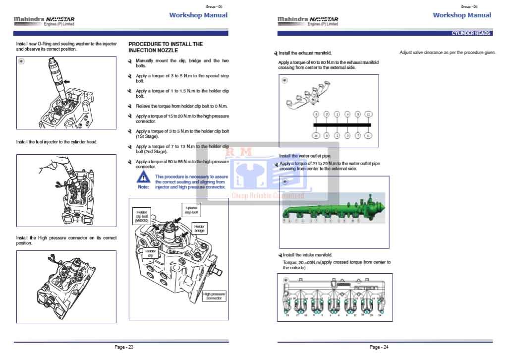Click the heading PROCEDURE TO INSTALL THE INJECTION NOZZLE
(x=166, y=47)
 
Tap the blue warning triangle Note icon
(x=143, y=178)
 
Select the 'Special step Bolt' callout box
(x=191, y=210)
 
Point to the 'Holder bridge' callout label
(x=199, y=229)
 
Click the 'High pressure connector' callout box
(x=214, y=296)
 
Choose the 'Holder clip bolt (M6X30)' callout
(x=141, y=216)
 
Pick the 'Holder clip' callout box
(x=151, y=253)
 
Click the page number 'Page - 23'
(x=123, y=347)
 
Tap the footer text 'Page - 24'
(x=379, y=347)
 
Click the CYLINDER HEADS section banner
(x=471, y=33)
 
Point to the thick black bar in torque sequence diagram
(x=342, y=124)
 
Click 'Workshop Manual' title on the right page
(x=462, y=15)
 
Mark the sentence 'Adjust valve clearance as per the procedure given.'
(x=447, y=53)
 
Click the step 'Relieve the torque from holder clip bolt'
(x=181, y=106)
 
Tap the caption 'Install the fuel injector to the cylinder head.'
(x=56, y=142)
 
